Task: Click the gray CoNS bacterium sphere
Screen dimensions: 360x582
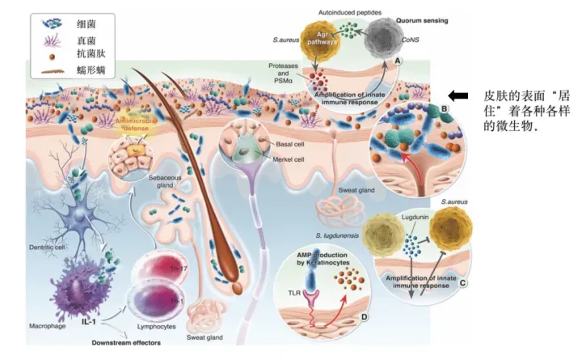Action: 386,41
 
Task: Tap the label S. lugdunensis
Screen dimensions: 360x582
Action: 336,234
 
